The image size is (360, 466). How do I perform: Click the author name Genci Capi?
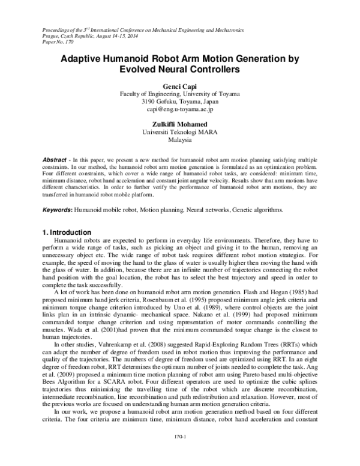[x=179, y=85]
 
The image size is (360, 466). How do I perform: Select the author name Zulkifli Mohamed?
[x=179, y=123]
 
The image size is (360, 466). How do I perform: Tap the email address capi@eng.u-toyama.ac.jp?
[x=179, y=110]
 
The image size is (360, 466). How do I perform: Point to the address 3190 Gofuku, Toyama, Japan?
[x=179, y=102]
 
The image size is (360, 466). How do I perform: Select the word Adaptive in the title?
[x=82, y=59]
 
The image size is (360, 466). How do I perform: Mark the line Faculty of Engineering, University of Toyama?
[x=179, y=94]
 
